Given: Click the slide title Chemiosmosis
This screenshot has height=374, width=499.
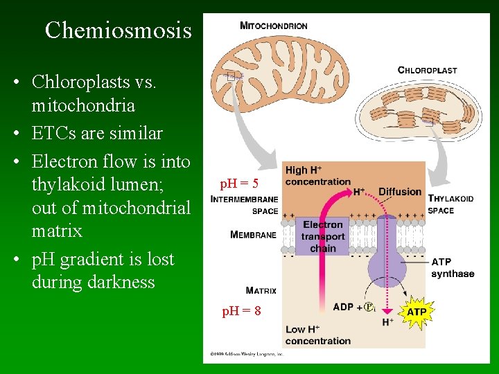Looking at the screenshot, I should (x=118, y=30).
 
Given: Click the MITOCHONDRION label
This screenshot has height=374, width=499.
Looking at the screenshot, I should (x=273, y=26).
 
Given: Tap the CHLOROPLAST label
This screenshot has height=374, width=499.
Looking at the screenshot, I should (x=427, y=70).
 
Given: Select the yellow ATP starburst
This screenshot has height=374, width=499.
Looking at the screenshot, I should (x=417, y=312).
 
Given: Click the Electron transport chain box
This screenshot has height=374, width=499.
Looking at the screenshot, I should (x=323, y=236).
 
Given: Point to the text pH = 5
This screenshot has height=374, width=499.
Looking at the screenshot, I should (x=239, y=184).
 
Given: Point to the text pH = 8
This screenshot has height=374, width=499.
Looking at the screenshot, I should (x=241, y=312).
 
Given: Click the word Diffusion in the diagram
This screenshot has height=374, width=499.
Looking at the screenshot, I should (x=400, y=191).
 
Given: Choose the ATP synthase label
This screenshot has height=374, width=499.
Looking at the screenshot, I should (x=453, y=268).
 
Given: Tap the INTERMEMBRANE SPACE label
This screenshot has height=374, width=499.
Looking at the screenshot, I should (x=245, y=205).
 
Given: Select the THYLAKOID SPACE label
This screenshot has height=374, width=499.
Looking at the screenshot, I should (x=450, y=204).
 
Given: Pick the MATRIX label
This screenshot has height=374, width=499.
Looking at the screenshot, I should (x=261, y=291).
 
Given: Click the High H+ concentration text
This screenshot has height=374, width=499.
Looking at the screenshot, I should (x=318, y=176).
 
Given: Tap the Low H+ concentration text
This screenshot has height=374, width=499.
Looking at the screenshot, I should (x=318, y=335).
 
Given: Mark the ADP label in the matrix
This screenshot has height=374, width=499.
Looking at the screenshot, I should (x=343, y=307).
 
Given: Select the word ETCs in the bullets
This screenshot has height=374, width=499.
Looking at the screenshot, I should (x=54, y=133).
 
